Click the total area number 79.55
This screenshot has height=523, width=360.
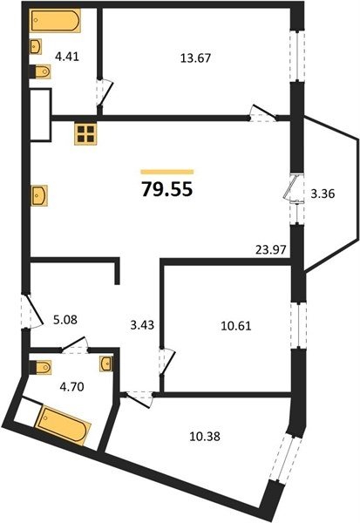167,189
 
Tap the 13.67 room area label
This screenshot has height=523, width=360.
195,58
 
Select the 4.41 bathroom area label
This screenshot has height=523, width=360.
67,57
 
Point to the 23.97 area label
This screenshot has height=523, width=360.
271,249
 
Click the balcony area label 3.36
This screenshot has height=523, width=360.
323,194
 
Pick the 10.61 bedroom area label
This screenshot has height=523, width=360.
236,325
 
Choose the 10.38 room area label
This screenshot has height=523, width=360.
205,437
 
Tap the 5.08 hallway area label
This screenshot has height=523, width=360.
65,320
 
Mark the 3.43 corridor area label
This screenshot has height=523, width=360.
142,324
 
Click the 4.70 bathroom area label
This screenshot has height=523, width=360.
71,387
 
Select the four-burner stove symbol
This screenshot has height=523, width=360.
85,134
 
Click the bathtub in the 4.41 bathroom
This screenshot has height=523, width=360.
55,20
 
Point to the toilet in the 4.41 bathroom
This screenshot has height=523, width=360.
40,71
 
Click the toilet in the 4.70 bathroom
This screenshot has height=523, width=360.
40,367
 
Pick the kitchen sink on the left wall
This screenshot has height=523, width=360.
39,195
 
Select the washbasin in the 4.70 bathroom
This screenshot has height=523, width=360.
106,363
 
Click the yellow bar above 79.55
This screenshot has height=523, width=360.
167,172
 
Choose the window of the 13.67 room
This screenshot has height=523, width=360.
297,56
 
